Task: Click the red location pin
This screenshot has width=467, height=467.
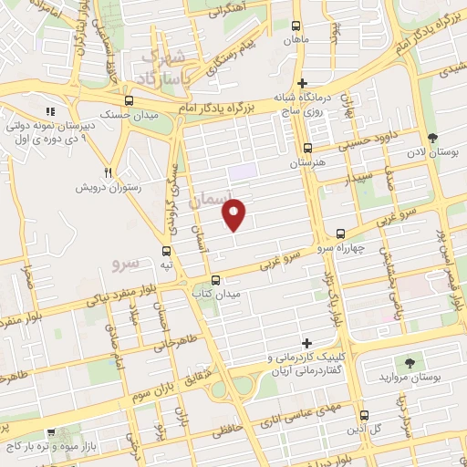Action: (234, 214)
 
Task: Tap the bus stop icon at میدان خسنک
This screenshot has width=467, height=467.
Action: (129, 101)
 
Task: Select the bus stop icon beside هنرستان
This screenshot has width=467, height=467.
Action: (307, 148)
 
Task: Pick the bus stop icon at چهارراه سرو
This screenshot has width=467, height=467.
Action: (340, 233)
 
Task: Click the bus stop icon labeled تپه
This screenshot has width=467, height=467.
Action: (166, 250)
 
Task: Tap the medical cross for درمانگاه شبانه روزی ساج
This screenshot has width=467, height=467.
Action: (302, 83)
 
